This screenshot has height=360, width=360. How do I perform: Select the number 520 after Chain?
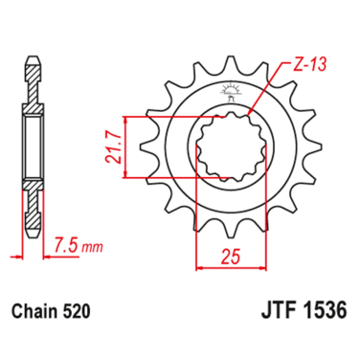78,311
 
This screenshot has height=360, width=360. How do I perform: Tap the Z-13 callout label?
298,68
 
